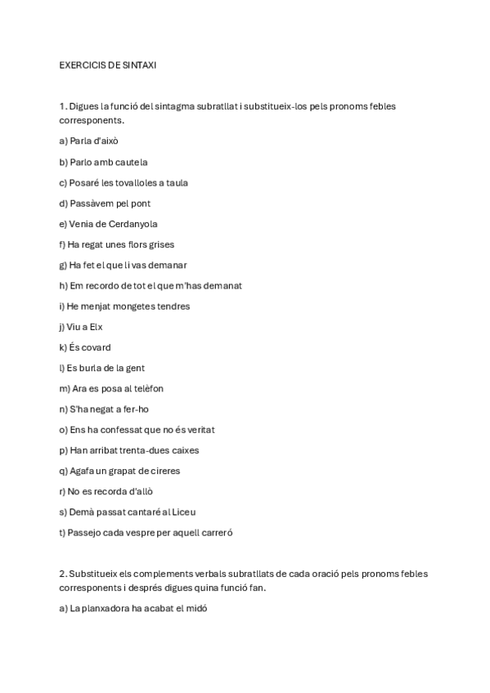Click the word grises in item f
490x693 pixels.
160,244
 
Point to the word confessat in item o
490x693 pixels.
122,430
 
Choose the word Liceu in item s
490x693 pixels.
182,512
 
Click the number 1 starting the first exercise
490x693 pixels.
62,106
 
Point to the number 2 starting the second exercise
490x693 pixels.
62,574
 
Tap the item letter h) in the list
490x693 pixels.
63,286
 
